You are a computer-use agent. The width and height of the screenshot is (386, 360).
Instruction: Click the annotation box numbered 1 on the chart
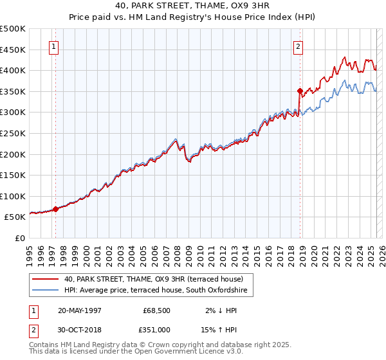[x=53, y=46]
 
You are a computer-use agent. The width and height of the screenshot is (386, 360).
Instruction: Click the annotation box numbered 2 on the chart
[x=299, y=46]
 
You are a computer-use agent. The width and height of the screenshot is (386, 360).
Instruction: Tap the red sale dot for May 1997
[x=56, y=209]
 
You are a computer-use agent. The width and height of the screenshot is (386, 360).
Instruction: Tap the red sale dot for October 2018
[x=300, y=91]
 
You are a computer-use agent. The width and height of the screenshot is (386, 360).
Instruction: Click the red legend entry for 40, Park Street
[x=153, y=280]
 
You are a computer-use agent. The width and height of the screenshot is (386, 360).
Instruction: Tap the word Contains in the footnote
[x=45, y=345]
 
